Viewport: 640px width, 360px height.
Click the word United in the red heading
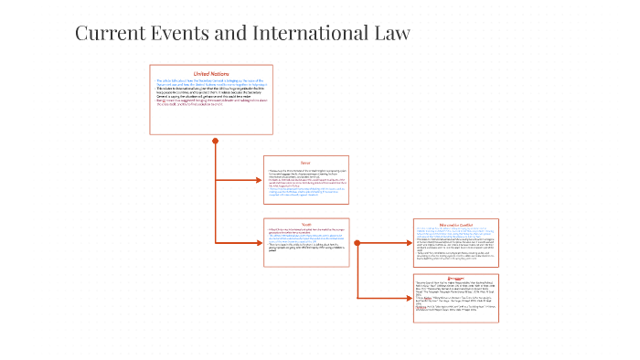click(201, 74)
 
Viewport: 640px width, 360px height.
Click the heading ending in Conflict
click(454, 223)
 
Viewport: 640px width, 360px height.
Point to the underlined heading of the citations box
click(454, 277)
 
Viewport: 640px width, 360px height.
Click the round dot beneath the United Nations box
click(216, 141)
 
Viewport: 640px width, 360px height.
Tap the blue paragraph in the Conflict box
click(453, 232)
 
